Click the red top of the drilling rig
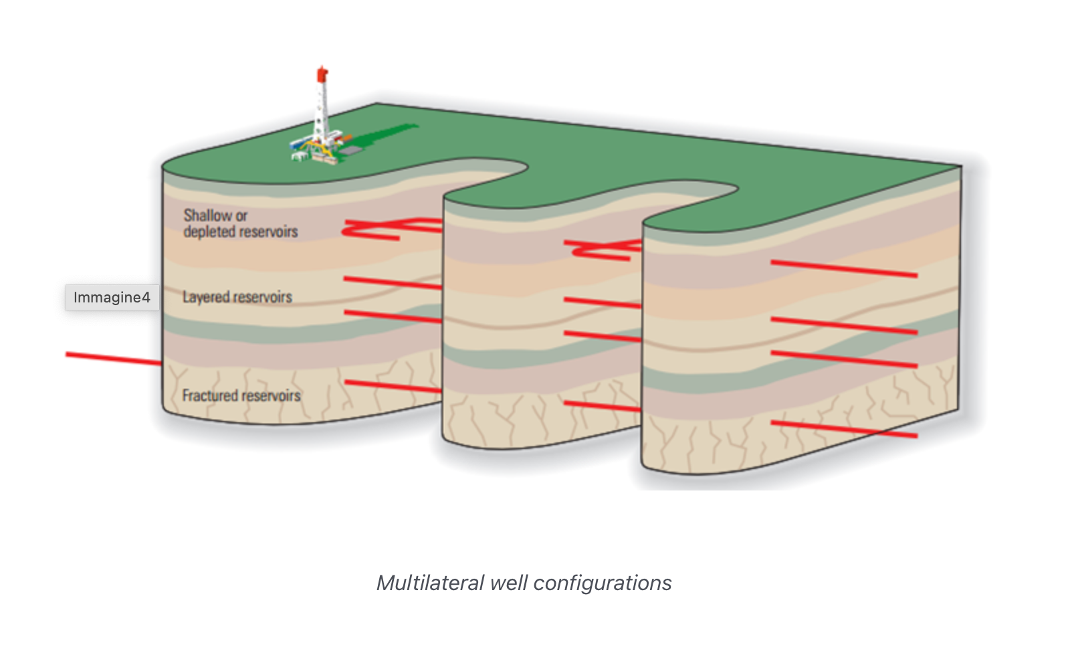pyautogui.click(x=322, y=74)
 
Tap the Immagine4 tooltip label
pyautogui.click(x=112, y=298)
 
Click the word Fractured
pyautogui.click(x=210, y=395)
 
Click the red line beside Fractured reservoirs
pyautogui.click(x=392, y=386)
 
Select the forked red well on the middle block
pyautogui.click(x=602, y=250)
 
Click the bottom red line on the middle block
pyautogui.click(x=602, y=406)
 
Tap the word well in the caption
pyautogui.click(x=508, y=583)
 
